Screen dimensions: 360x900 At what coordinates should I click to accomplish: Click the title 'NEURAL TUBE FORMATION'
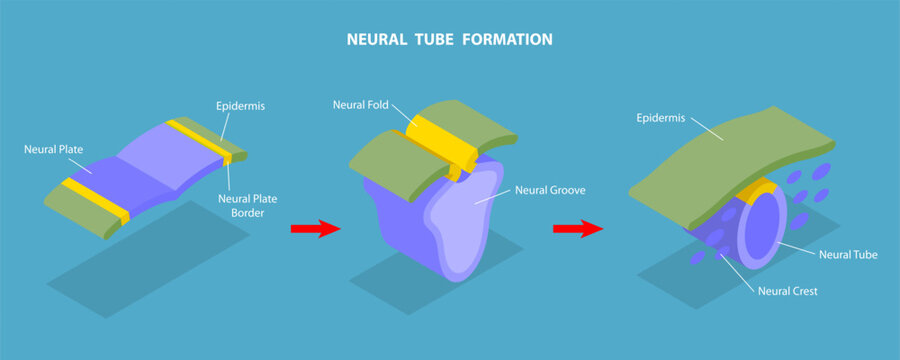tap(449, 40)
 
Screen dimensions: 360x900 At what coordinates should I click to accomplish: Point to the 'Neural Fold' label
tap(360, 104)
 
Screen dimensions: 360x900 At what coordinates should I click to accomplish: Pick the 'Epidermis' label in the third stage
tap(662, 118)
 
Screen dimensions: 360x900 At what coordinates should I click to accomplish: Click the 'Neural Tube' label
tap(848, 255)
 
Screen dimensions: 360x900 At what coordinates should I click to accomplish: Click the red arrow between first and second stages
tap(315, 230)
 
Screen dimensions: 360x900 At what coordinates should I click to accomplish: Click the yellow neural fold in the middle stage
tap(440, 140)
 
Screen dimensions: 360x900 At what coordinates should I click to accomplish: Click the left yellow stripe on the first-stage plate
tap(95, 200)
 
